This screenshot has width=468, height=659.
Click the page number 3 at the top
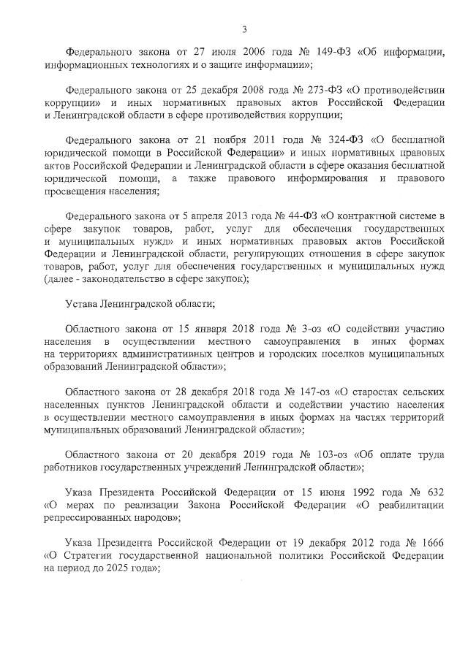(244, 29)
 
